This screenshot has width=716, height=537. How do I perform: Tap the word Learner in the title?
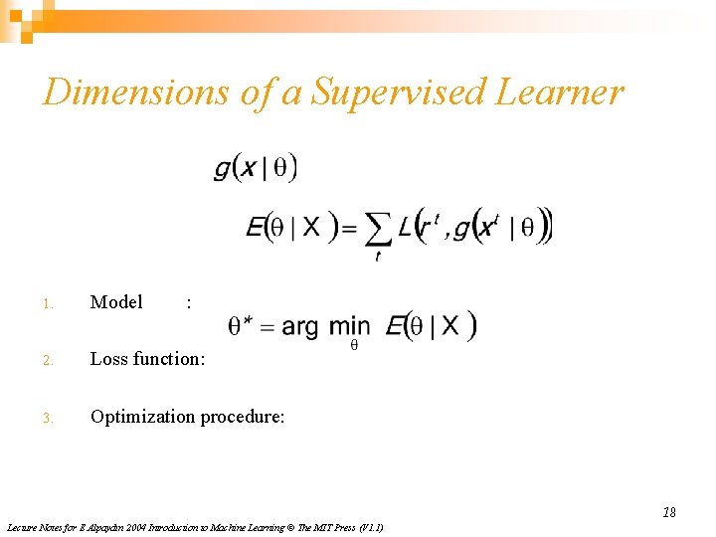[561, 92]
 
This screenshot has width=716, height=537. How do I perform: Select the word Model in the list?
[116, 302]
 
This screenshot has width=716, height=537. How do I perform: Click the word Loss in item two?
[108, 359]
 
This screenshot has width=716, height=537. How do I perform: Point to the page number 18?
[669, 512]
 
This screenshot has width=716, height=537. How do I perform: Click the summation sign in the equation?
[378, 230]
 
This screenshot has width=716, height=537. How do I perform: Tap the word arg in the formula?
[300, 326]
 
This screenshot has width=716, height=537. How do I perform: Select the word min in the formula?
[349, 326]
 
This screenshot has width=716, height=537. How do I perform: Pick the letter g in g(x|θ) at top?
[222, 169]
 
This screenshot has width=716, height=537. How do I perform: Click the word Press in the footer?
[328, 527]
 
